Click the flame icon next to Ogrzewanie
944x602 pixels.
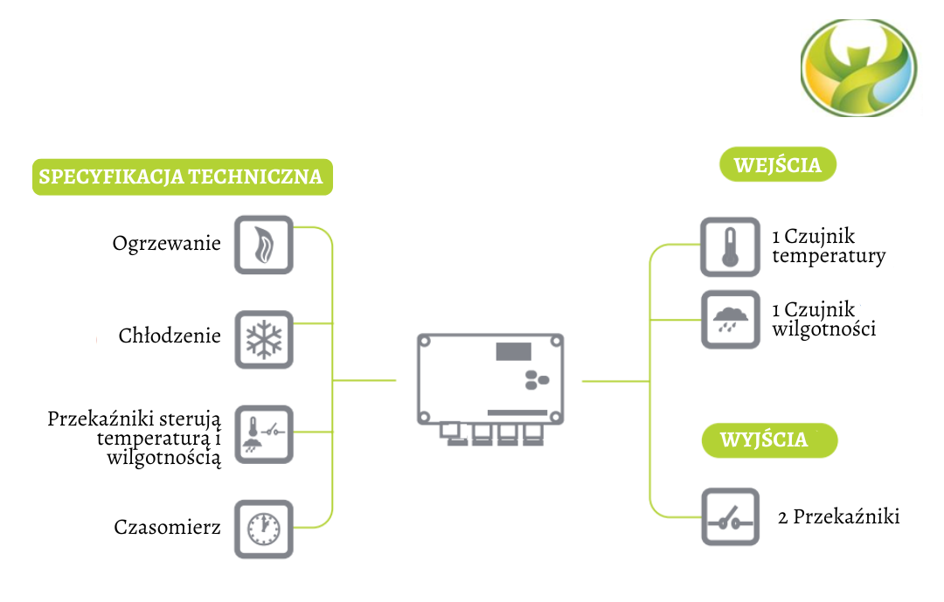[x=264, y=245]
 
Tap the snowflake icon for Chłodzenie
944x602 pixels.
[x=264, y=339]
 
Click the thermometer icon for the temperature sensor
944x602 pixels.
[x=730, y=247]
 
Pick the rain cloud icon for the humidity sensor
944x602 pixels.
[x=730, y=320]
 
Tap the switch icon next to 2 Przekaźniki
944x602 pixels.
[x=730, y=517]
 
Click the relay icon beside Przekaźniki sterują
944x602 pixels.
[x=264, y=434]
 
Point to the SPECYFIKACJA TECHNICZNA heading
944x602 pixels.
[x=182, y=177]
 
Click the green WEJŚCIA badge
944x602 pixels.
[x=778, y=165]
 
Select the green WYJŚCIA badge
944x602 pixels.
[x=769, y=439]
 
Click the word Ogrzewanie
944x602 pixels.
[x=167, y=244]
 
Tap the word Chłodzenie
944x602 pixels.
[x=170, y=336]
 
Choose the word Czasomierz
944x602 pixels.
[x=167, y=528]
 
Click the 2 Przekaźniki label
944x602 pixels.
[x=838, y=517]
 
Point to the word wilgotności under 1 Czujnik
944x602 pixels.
[x=823, y=329]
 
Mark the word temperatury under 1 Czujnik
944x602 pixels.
[x=829, y=256]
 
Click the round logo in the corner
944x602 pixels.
[x=859, y=69]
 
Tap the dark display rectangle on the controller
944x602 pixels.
[x=514, y=351]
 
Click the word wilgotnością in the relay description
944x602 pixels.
[x=164, y=457]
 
